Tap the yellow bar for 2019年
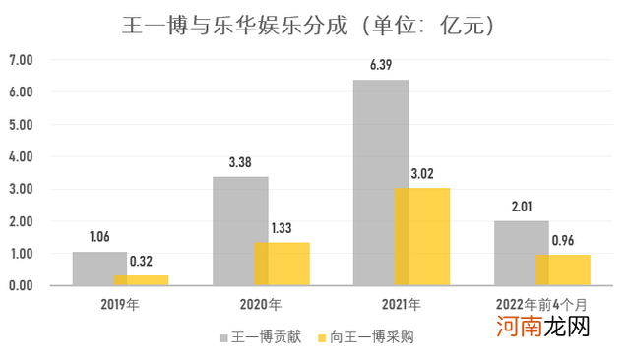(141, 280)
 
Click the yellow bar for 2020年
(282, 264)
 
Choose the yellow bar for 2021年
(422, 236)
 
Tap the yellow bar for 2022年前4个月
(563, 270)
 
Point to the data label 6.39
(380, 65)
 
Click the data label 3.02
(421, 174)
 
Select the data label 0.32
(141, 261)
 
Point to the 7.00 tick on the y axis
(21, 60)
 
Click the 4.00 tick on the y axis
(21, 156)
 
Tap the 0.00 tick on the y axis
(21, 286)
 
